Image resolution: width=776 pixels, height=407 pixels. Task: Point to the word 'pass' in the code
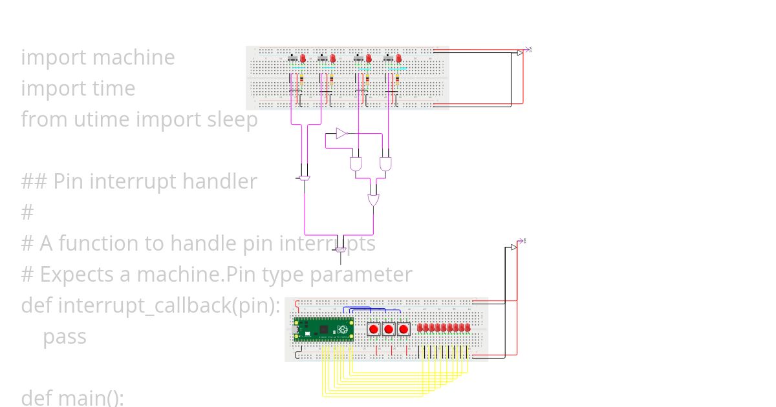pyautogui.click(x=64, y=337)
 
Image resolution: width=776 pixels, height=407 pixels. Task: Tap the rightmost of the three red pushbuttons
pyautogui.click(x=404, y=329)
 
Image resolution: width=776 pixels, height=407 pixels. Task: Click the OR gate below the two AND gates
pyautogui.click(x=374, y=200)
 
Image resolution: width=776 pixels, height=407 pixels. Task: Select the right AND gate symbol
pyautogui.click(x=385, y=163)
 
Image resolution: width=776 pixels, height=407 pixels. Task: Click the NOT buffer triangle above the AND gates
pyautogui.click(x=341, y=134)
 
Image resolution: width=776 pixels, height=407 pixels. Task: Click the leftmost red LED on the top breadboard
pyautogui.click(x=302, y=59)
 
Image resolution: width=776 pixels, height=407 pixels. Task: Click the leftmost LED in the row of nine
pyautogui.click(x=420, y=328)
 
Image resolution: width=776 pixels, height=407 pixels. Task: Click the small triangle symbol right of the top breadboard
pyautogui.click(x=520, y=53)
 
